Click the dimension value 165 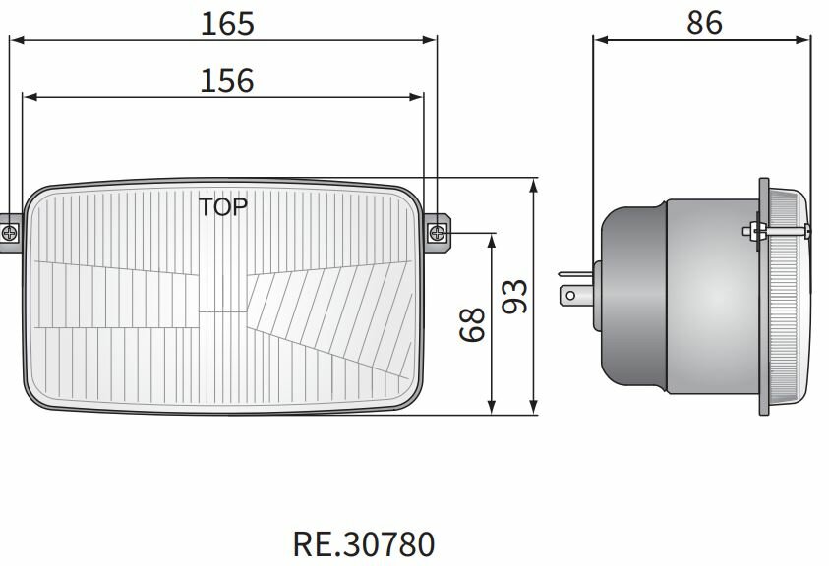[227, 24]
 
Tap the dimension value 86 [704, 23]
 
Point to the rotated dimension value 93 [514, 296]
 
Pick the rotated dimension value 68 [473, 324]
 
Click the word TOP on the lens [223, 206]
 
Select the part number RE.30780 [363, 543]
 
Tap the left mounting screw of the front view [10, 233]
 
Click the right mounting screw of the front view [438, 233]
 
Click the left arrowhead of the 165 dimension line [14, 41]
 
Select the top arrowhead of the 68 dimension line [491, 240]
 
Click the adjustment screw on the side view [753, 231]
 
